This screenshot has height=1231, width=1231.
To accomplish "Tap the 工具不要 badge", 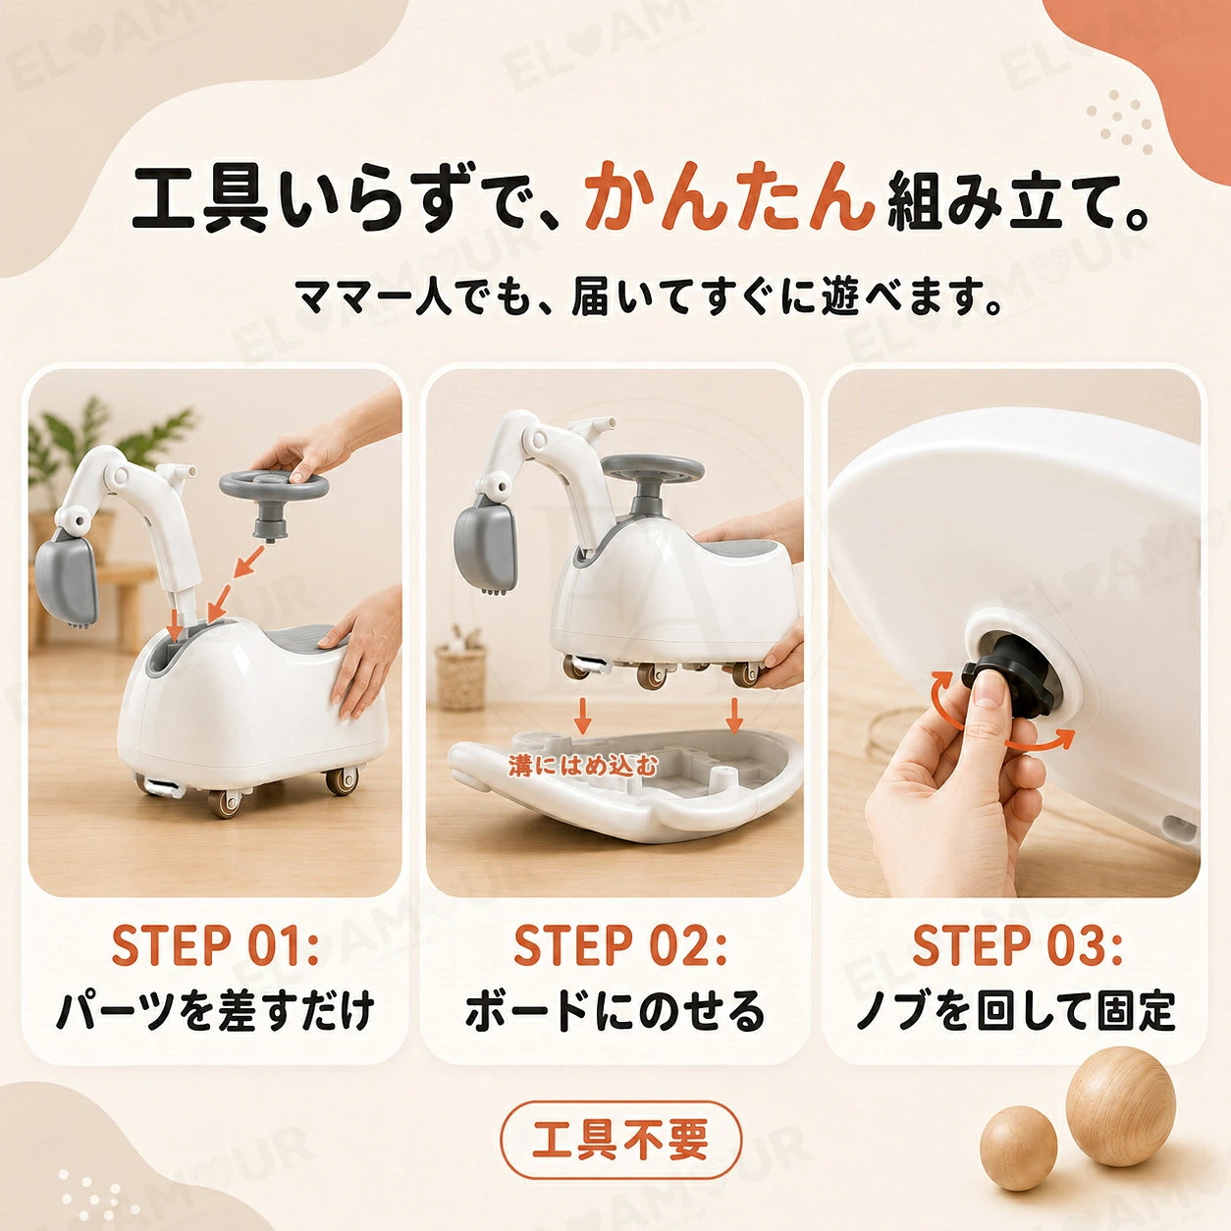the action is [x=620, y=1139].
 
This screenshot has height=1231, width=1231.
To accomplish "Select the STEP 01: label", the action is [x=215, y=944].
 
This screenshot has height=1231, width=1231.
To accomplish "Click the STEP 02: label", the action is [x=620, y=944].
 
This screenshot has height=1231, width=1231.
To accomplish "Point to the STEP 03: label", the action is [x=1017, y=944].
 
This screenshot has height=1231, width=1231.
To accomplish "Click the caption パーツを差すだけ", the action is [x=215, y=1011].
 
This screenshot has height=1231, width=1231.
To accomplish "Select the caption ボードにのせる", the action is [x=615, y=1011].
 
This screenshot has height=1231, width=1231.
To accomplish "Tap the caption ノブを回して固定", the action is [x=1016, y=1011].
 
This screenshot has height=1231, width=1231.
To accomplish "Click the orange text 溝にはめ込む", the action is [x=582, y=765].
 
